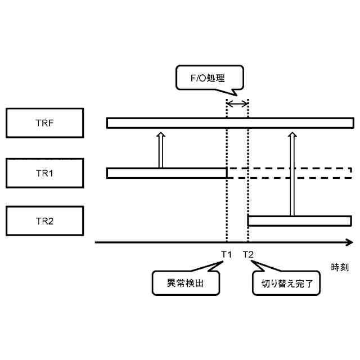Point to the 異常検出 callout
click(x=186, y=283)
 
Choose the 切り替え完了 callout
click(x=286, y=283)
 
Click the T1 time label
click(x=226, y=254)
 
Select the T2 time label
click(x=249, y=254)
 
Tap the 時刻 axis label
click(x=340, y=267)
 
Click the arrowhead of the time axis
click(x=349, y=242)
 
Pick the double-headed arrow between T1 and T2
click(x=237, y=103)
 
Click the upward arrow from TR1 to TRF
click(x=160, y=150)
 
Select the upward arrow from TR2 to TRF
click(x=291, y=174)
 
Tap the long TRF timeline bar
click(x=169, y=123)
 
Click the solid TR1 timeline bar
click(x=166, y=173)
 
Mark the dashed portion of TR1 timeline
click(x=290, y=173)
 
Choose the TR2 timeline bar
click(x=300, y=220)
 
